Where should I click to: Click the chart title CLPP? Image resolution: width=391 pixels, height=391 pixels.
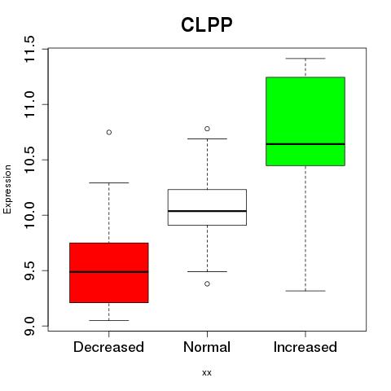(x=207, y=25)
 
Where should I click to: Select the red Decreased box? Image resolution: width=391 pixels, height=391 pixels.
(x=109, y=273)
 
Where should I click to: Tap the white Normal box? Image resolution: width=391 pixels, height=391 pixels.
(x=207, y=207)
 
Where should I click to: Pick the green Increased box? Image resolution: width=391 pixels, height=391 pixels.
(x=305, y=121)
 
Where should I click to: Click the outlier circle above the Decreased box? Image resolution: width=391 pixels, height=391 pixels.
(x=109, y=132)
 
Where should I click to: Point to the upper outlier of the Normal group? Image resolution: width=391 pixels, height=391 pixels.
(x=207, y=129)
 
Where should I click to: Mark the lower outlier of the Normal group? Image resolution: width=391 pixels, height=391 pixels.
(x=207, y=283)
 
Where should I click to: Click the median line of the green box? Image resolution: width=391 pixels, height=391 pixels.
(x=305, y=144)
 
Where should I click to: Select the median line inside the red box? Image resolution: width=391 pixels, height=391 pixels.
(x=109, y=271)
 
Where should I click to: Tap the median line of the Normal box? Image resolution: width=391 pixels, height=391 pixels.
(x=207, y=211)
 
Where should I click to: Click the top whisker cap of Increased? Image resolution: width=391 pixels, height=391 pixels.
(x=305, y=59)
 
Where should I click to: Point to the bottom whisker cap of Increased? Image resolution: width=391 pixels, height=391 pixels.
(x=305, y=291)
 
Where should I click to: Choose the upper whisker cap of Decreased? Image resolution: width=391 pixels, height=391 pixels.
(x=109, y=182)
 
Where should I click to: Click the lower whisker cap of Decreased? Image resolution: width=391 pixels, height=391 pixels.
(x=109, y=320)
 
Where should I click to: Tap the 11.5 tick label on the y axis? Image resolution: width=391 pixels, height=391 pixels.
(x=29, y=49)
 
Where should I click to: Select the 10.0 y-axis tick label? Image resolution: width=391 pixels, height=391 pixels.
(x=29, y=215)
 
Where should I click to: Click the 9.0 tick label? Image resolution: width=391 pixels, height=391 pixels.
(x=29, y=326)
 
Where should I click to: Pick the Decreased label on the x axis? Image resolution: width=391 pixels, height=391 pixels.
(x=108, y=347)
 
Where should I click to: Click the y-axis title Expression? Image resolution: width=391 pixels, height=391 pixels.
(x=7, y=189)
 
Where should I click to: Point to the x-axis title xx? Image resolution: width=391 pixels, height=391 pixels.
(x=207, y=373)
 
